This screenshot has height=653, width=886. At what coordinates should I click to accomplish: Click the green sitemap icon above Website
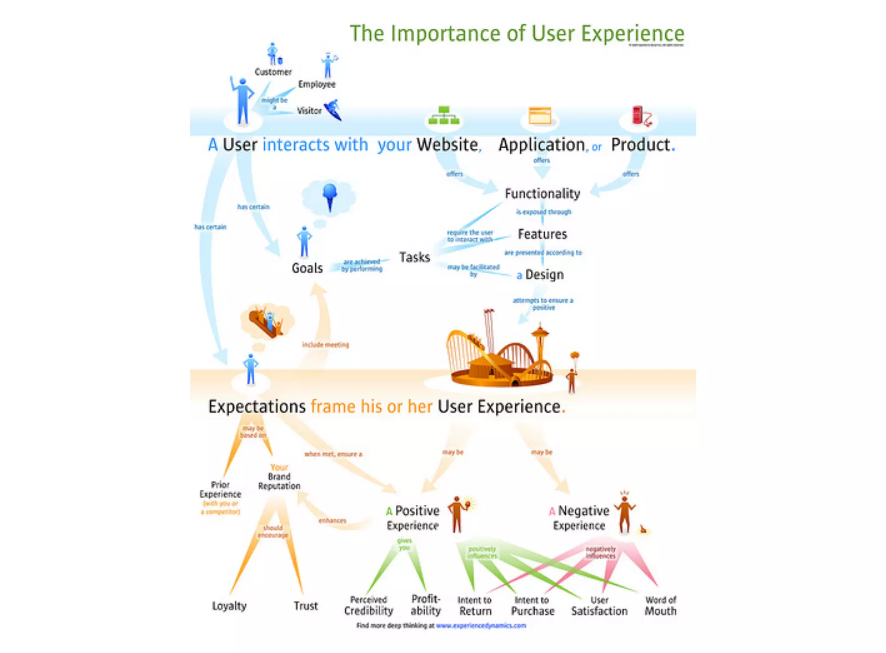[443, 116]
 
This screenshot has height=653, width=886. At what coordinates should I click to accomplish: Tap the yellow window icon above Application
[540, 116]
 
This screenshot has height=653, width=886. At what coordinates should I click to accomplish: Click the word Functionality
[542, 194]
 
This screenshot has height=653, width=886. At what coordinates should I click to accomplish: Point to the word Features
[542, 234]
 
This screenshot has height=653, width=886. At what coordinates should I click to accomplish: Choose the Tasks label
[414, 257]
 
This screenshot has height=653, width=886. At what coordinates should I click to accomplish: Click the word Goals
[307, 268]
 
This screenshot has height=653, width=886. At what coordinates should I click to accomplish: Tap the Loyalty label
[229, 606]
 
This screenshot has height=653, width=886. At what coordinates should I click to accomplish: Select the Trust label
[305, 606]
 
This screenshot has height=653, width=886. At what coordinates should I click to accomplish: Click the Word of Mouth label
[660, 605]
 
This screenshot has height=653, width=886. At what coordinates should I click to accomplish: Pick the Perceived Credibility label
[369, 605]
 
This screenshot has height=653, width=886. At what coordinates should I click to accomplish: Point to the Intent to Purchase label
[533, 605]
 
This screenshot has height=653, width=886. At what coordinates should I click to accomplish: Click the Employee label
[317, 84]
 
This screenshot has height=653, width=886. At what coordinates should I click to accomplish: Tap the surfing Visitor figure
[333, 110]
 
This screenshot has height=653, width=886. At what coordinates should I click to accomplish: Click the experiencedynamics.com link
[481, 625]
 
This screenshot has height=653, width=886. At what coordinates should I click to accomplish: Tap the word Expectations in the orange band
[257, 407]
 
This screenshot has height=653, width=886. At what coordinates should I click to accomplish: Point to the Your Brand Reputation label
[279, 477]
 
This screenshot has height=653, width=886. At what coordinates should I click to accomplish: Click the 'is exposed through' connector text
[543, 212]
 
